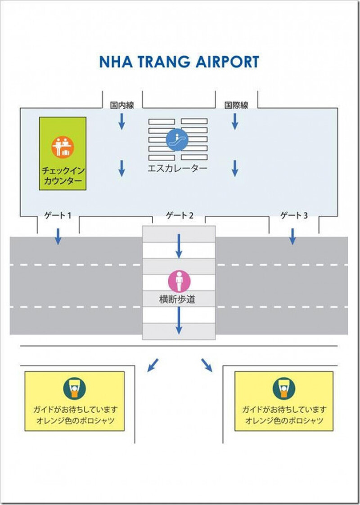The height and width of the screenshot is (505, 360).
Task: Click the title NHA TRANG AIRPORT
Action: (x=179, y=62)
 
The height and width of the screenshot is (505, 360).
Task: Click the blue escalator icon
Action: (x=177, y=139)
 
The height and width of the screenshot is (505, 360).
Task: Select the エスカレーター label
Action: (x=177, y=169)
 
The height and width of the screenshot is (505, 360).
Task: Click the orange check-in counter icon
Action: (x=63, y=147)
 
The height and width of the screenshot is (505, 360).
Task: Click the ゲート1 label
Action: (x=57, y=215)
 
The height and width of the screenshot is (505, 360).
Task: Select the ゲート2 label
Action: (x=179, y=215)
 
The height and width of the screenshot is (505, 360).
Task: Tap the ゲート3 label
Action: (x=294, y=215)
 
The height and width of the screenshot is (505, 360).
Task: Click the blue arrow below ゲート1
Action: (x=58, y=237)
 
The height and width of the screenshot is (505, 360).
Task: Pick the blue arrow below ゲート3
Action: (x=292, y=237)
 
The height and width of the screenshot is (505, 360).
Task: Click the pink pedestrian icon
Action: (x=179, y=282)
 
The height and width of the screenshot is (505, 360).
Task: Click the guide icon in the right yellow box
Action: (x=284, y=388)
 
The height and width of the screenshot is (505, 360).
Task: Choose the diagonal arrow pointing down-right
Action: (x=207, y=365)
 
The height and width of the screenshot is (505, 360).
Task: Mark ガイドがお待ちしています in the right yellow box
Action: (x=284, y=410)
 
